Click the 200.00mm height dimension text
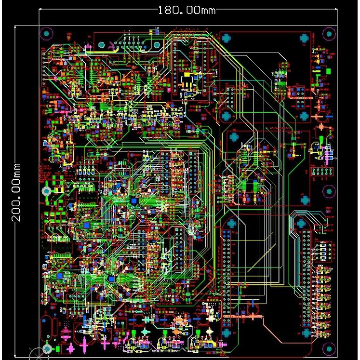point(16,191)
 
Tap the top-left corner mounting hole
point(47,34)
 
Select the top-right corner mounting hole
point(329,34)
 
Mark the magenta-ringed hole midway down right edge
point(328,192)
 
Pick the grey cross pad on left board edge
point(47,191)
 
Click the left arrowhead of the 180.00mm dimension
point(41,9)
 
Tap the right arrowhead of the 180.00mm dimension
point(336,9)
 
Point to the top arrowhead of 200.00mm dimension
point(16,28)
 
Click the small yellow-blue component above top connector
point(154,32)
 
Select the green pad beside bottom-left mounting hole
point(58,348)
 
